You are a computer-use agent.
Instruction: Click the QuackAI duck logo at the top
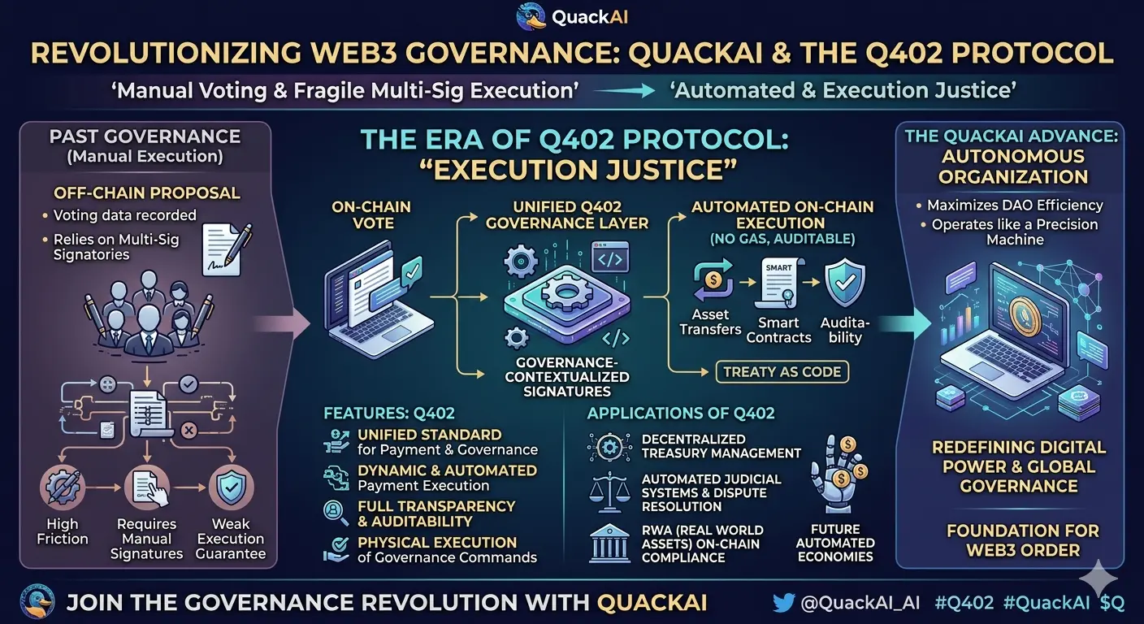point(531,17)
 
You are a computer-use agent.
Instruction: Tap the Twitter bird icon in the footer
point(782,602)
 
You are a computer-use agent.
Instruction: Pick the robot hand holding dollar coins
point(838,475)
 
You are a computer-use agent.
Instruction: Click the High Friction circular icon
point(62,488)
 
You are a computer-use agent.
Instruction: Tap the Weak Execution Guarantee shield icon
point(231,488)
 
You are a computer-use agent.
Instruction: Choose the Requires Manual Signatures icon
point(146,488)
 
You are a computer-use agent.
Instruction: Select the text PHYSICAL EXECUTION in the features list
point(437,542)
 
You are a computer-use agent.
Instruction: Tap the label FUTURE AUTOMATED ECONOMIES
point(835,543)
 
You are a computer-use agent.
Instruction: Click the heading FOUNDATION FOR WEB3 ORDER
point(1021,540)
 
